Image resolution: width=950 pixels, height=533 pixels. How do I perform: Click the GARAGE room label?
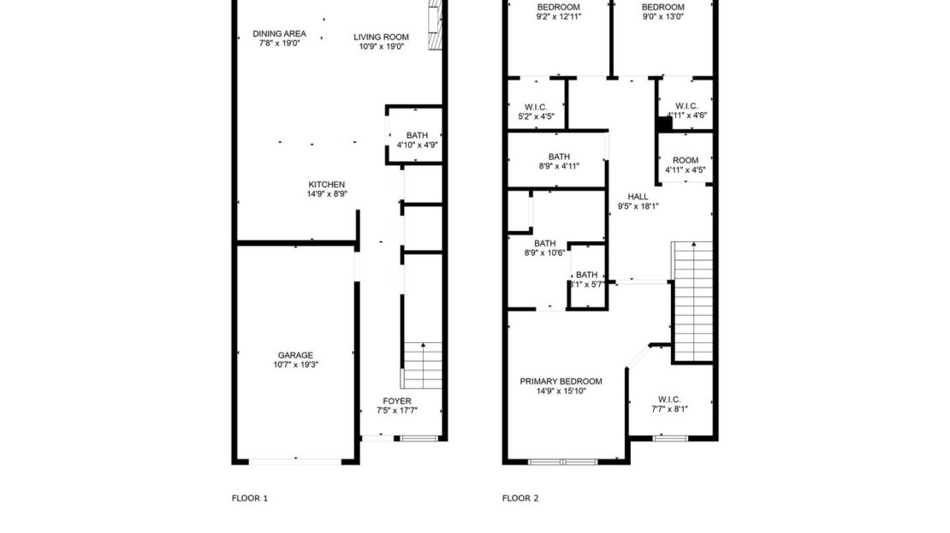tap(295, 355)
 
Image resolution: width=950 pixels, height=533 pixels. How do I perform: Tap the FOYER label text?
tap(397, 400)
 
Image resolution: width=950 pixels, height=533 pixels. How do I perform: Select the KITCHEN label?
tap(327, 184)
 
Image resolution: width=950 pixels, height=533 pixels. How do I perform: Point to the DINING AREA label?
tap(278, 34)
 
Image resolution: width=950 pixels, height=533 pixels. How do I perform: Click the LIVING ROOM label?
tap(382, 37)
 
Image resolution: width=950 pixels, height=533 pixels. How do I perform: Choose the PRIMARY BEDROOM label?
tap(561, 382)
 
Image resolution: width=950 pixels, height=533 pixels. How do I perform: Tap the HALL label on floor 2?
tap(638, 196)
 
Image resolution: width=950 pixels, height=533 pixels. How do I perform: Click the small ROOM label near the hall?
tap(686, 160)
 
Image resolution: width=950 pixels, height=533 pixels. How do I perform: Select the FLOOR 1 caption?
tap(250, 498)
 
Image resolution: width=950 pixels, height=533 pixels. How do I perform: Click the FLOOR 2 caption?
tap(520, 498)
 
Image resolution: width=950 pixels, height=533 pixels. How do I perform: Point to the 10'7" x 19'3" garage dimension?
tap(295, 365)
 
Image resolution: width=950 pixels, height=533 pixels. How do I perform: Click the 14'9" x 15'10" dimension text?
tap(561, 392)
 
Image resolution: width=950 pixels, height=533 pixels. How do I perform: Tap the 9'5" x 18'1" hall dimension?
tap(638, 205)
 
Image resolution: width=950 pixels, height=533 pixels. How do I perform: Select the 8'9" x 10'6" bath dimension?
tap(545, 253)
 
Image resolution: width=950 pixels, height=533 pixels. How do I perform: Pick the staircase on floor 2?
tap(693, 299)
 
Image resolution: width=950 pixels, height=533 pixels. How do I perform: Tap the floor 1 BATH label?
tap(417, 135)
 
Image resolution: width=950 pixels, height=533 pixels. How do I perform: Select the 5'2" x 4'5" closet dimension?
tap(537, 115)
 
